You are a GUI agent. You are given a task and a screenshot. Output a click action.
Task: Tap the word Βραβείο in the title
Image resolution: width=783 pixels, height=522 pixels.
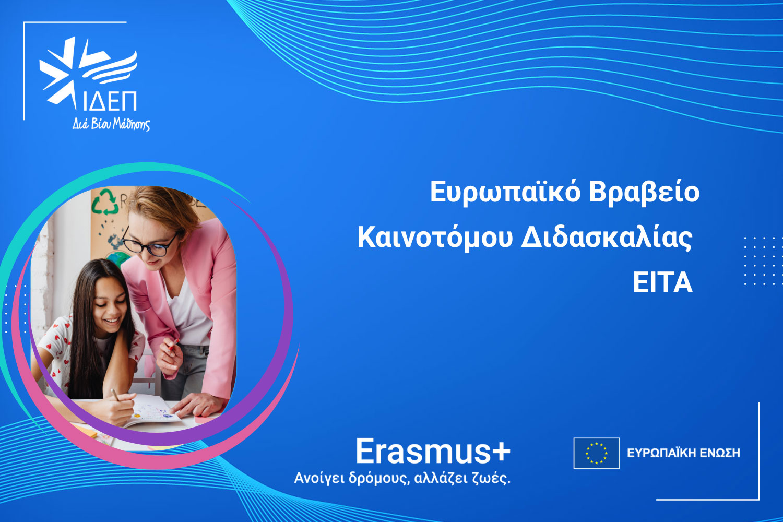point(644,193)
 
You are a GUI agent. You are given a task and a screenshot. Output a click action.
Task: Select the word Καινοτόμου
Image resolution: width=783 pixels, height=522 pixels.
point(435,239)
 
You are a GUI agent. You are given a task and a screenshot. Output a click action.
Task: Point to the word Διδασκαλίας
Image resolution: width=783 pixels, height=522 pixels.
point(607,239)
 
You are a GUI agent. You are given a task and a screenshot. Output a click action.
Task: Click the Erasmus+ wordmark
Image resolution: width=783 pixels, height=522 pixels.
point(433,451)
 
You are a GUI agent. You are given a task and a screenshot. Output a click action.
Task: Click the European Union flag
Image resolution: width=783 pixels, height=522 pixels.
point(596,453)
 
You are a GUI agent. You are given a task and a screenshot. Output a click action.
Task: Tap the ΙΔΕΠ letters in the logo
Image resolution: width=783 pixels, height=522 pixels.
point(110,101)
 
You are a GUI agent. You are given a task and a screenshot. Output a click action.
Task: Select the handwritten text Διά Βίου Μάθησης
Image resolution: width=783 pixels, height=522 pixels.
point(111,124)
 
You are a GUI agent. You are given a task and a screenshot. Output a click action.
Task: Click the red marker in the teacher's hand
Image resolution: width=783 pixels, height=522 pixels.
point(173,345)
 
